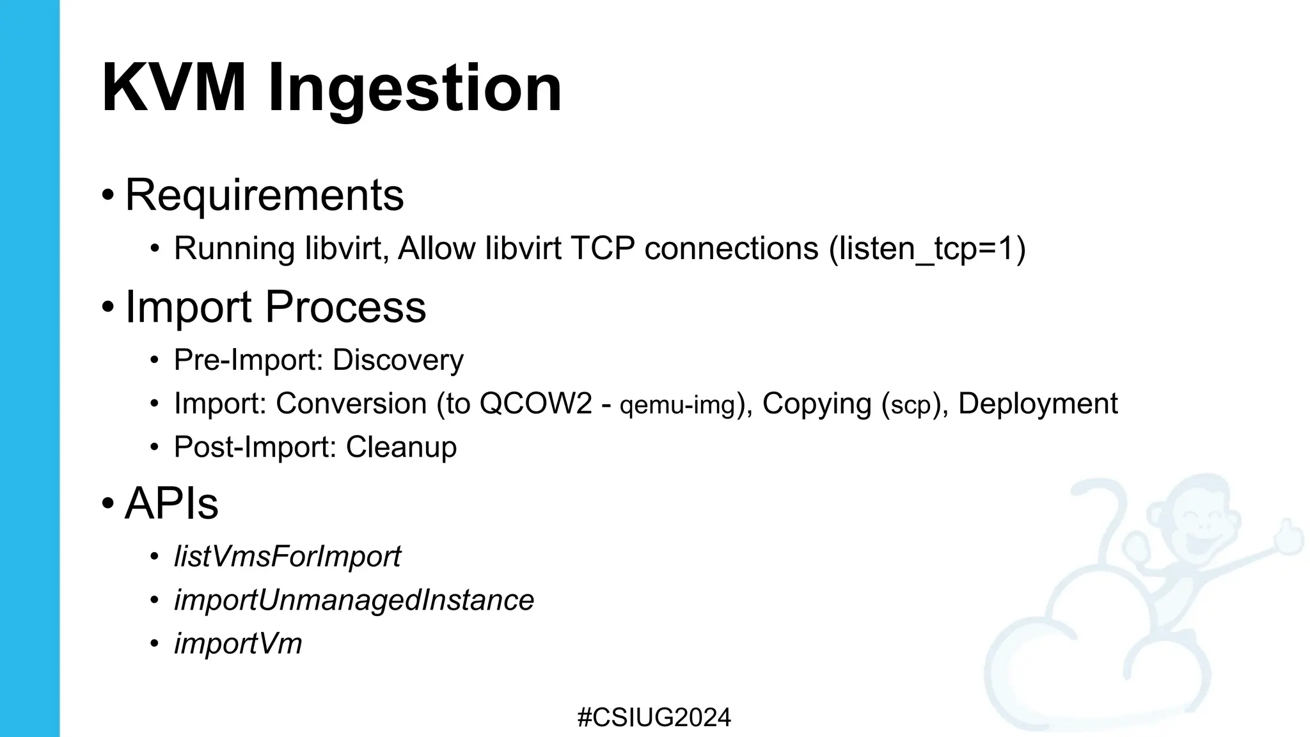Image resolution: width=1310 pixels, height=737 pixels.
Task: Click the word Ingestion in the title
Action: click(414, 90)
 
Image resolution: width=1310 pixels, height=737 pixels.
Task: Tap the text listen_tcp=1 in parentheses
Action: click(927, 249)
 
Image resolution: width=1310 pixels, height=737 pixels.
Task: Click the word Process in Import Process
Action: click(345, 306)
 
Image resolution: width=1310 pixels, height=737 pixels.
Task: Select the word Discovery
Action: click(398, 360)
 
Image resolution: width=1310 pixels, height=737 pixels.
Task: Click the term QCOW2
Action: click(535, 404)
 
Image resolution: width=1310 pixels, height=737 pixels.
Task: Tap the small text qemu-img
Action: click(678, 406)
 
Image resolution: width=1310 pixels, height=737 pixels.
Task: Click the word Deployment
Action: click(1038, 404)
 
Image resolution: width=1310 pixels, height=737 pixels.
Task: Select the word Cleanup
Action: click(401, 447)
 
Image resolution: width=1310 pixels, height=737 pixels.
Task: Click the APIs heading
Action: click(171, 503)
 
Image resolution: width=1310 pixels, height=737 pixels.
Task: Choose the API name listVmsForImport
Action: click(287, 556)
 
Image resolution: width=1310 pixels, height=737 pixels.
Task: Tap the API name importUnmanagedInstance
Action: click(354, 600)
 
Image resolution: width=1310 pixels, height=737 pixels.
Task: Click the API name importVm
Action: click(238, 644)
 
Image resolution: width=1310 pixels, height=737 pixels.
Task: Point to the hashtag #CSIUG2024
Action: click(654, 718)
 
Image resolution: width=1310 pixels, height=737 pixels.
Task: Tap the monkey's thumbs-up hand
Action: click(1286, 537)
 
